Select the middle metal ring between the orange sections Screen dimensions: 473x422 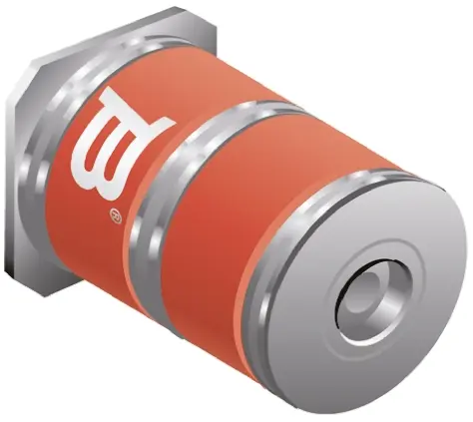point(187,200)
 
